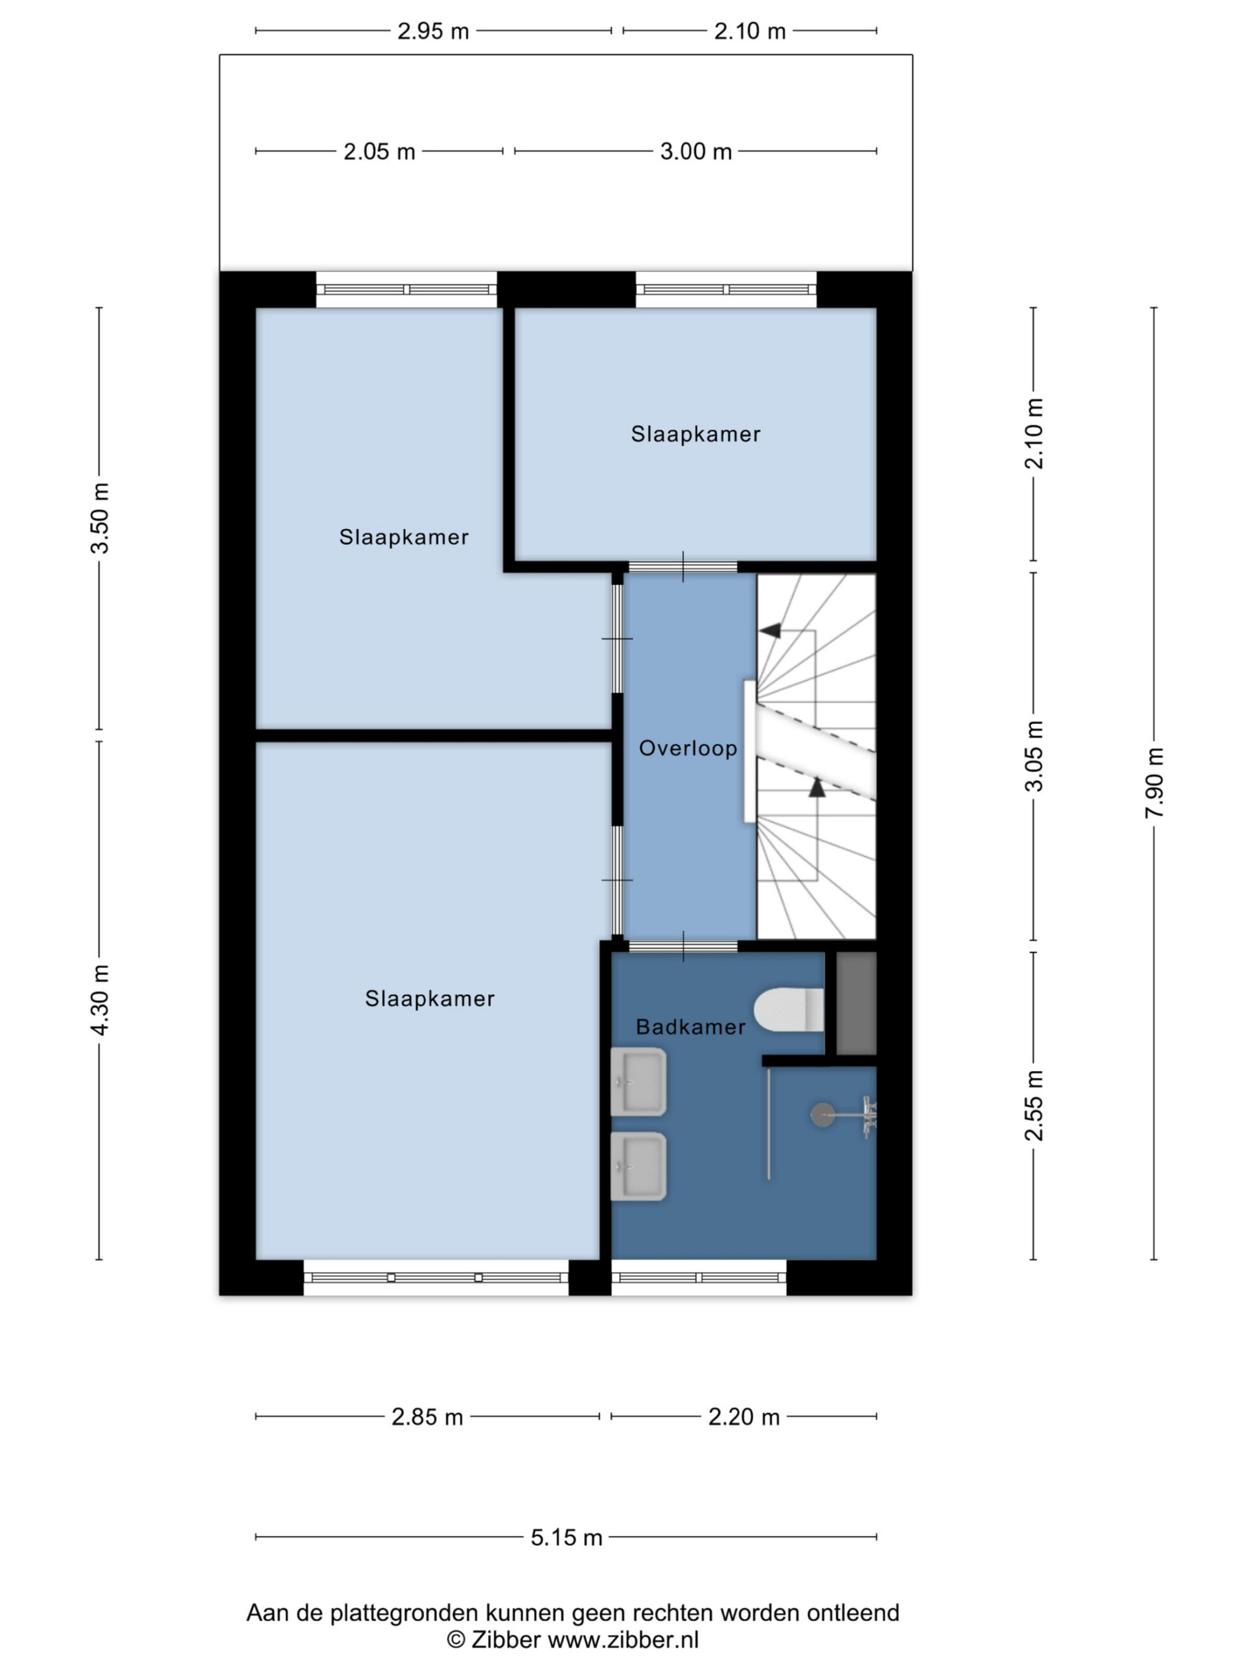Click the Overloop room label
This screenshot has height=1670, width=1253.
687,748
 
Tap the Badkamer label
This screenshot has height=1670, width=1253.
690,1027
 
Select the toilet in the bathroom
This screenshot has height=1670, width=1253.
788,1009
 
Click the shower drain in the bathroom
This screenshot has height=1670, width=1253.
822,1115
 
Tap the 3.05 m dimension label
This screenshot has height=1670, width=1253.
1033,755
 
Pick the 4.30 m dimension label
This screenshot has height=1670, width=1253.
100,999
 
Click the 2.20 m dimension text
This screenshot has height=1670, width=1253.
744,1417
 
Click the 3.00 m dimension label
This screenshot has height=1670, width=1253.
696,152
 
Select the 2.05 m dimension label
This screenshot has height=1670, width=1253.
379,152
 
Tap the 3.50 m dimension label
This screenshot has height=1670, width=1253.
100,518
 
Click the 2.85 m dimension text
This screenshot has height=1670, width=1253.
427,1417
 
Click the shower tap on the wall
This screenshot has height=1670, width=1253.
867,1116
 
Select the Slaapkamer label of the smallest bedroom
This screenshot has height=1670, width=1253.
696,434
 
